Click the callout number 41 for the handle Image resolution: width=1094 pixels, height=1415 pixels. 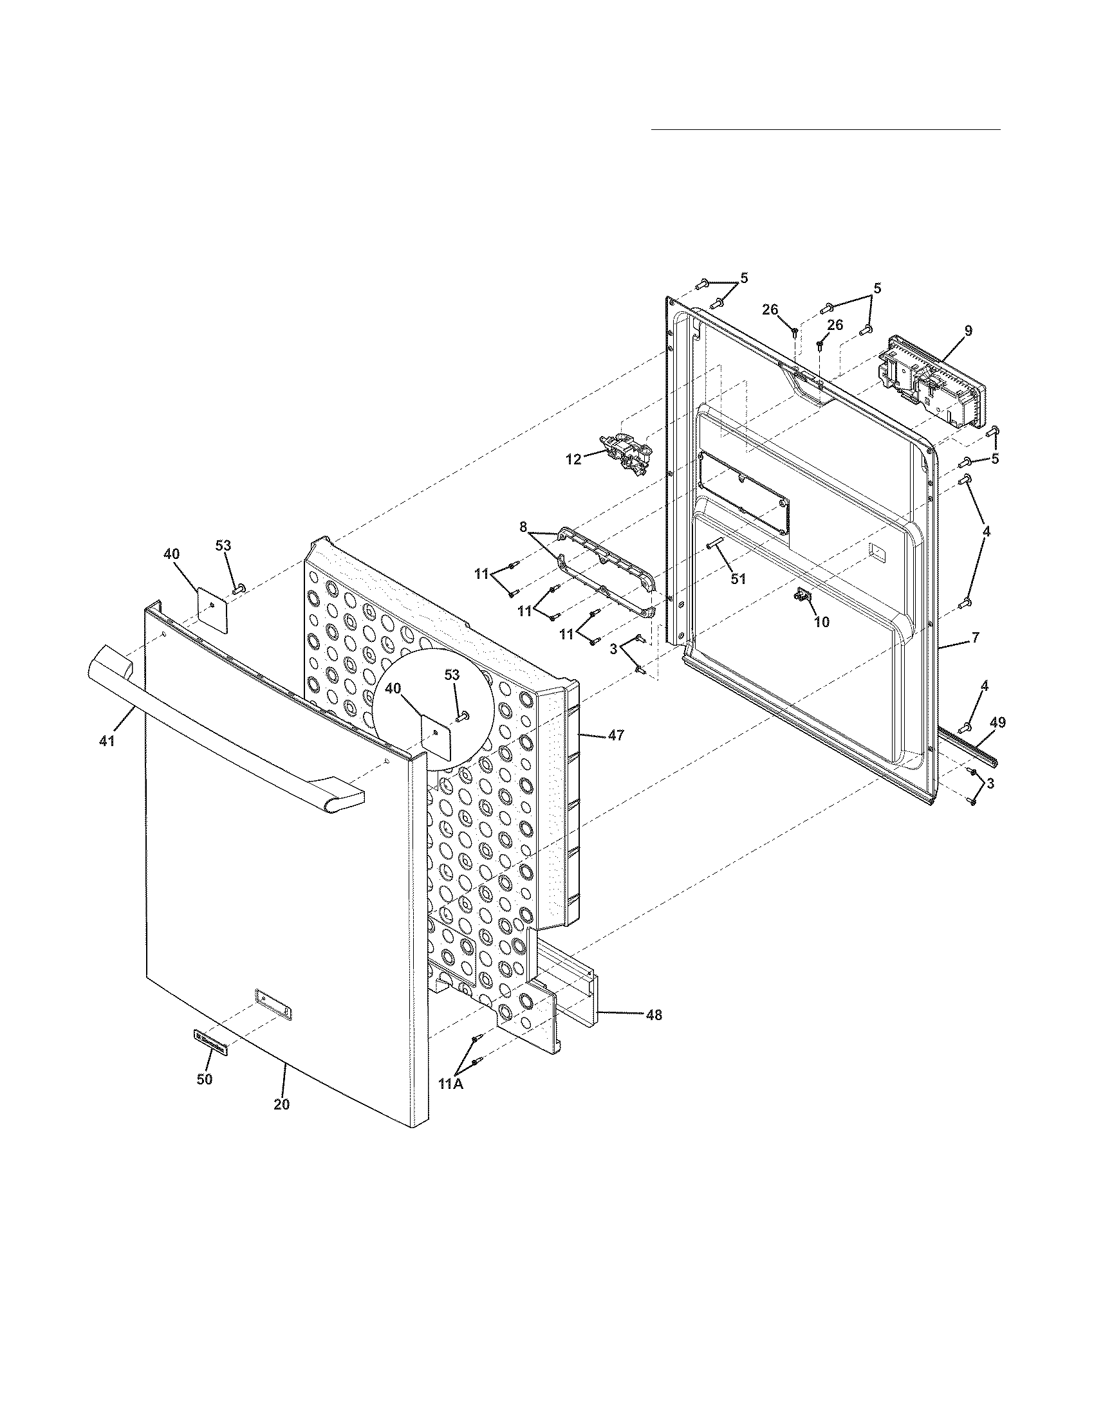click(106, 741)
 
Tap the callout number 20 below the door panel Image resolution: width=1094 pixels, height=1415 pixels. click(281, 1104)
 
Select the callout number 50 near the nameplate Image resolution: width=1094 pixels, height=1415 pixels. click(204, 1079)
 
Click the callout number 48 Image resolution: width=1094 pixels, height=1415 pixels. click(654, 1015)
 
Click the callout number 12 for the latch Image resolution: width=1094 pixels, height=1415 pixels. click(573, 459)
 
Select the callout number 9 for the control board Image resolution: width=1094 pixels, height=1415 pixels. click(968, 331)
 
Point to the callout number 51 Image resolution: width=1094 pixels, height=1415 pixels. click(738, 579)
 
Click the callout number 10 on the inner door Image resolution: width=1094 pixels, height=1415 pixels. click(821, 622)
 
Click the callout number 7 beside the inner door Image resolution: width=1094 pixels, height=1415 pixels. click(975, 638)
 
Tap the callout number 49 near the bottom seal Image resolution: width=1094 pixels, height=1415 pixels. click(998, 722)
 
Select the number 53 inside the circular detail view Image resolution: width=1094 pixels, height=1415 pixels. click(452, 675)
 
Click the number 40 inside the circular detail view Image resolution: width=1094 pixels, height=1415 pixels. click(393, 688)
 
